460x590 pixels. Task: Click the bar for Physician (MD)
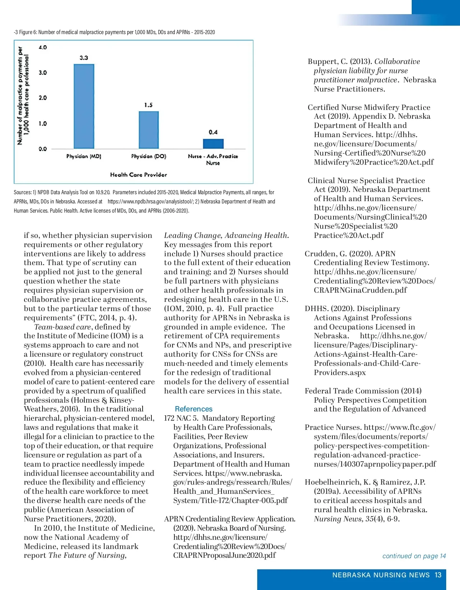[84, 106]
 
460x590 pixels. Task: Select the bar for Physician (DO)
[148, 130]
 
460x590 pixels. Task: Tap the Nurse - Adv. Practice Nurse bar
[213, 144]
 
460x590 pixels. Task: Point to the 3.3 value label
[84, 58]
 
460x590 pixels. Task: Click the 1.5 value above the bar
[148, 105]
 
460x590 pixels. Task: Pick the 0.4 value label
[213, 132]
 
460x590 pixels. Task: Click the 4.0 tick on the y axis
[43, 48]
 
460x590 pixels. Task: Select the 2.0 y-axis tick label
[43, 98]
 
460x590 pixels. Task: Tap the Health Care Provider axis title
[138, 175]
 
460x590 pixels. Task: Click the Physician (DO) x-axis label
[148, 156]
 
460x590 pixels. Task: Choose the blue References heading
[194, 409]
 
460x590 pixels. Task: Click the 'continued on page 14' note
[414, 556]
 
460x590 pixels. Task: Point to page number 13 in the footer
[438, 575]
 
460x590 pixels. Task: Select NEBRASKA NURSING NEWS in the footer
[381, 575]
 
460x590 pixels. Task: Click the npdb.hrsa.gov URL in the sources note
[149, 202]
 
